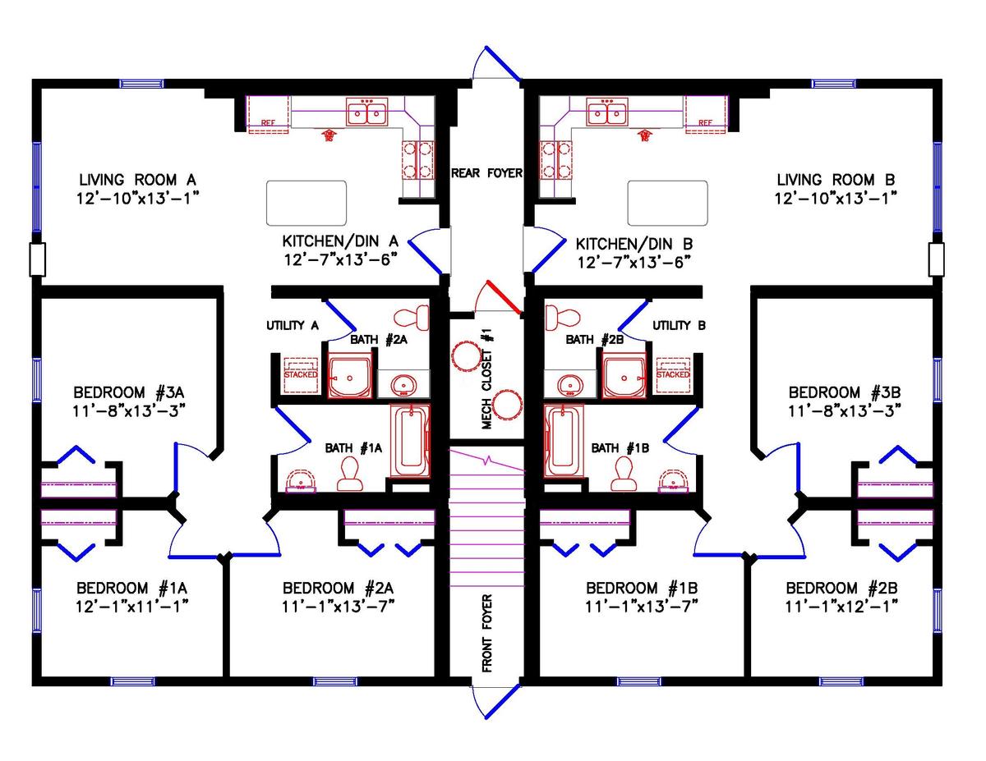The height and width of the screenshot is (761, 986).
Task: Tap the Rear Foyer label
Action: click(486, 173)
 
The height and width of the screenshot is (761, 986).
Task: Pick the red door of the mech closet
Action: click(503, 298)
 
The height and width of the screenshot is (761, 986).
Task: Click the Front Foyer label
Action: click(486, 633)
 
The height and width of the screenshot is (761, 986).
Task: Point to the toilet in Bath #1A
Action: click(351, 473)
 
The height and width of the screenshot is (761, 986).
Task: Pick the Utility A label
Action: click(292, 326)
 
